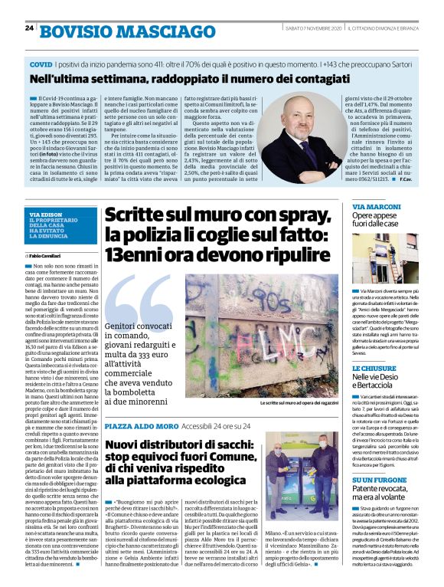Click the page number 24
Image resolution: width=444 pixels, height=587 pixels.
coord(29,28)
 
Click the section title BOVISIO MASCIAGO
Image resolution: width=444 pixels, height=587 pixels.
coord(116,31)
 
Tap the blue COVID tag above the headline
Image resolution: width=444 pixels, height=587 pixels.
coord(41,67)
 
